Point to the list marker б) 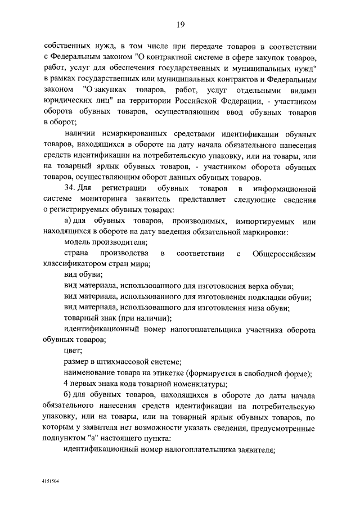pyautogui.click(x=69, y=395)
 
